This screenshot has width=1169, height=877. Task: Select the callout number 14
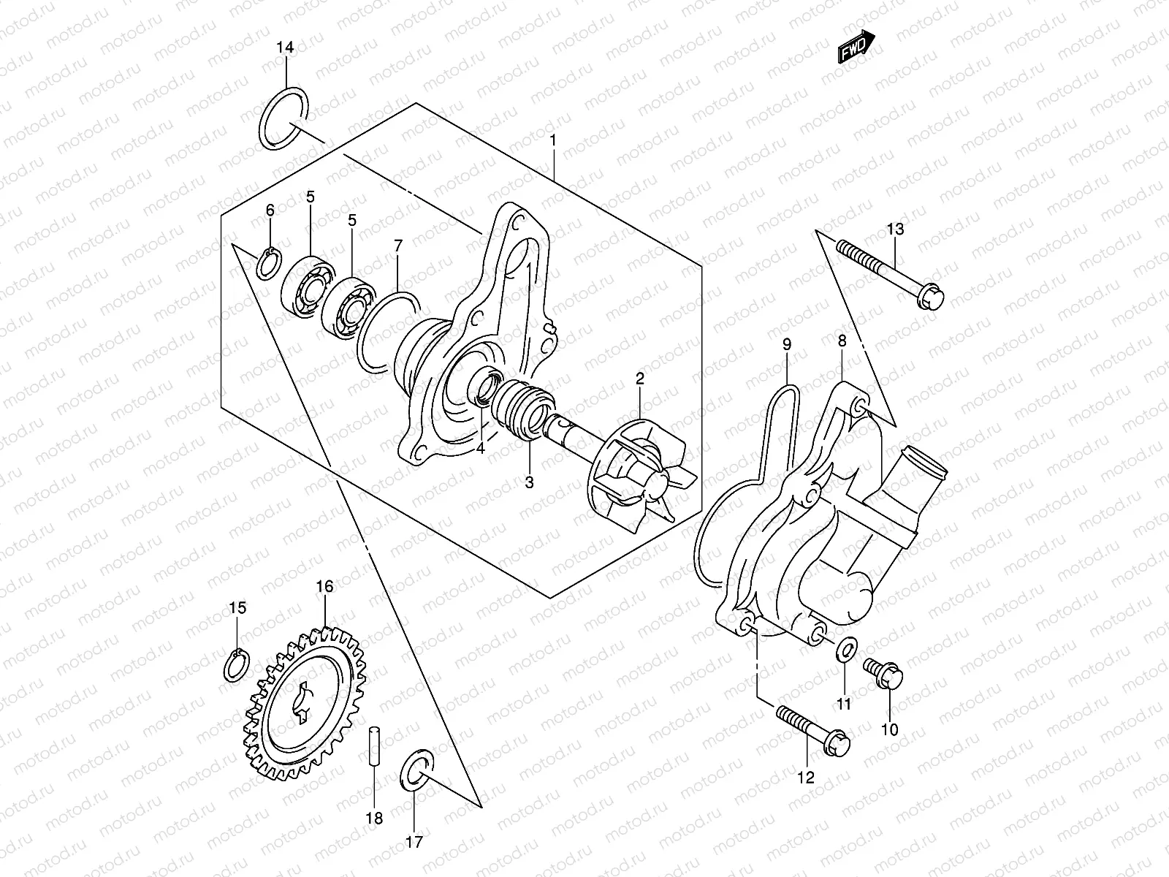pos(285,48)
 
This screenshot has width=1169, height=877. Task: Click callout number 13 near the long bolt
pos(895,229)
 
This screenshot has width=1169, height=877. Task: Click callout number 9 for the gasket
pos(786,343)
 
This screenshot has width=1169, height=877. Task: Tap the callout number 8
pos(842,341)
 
